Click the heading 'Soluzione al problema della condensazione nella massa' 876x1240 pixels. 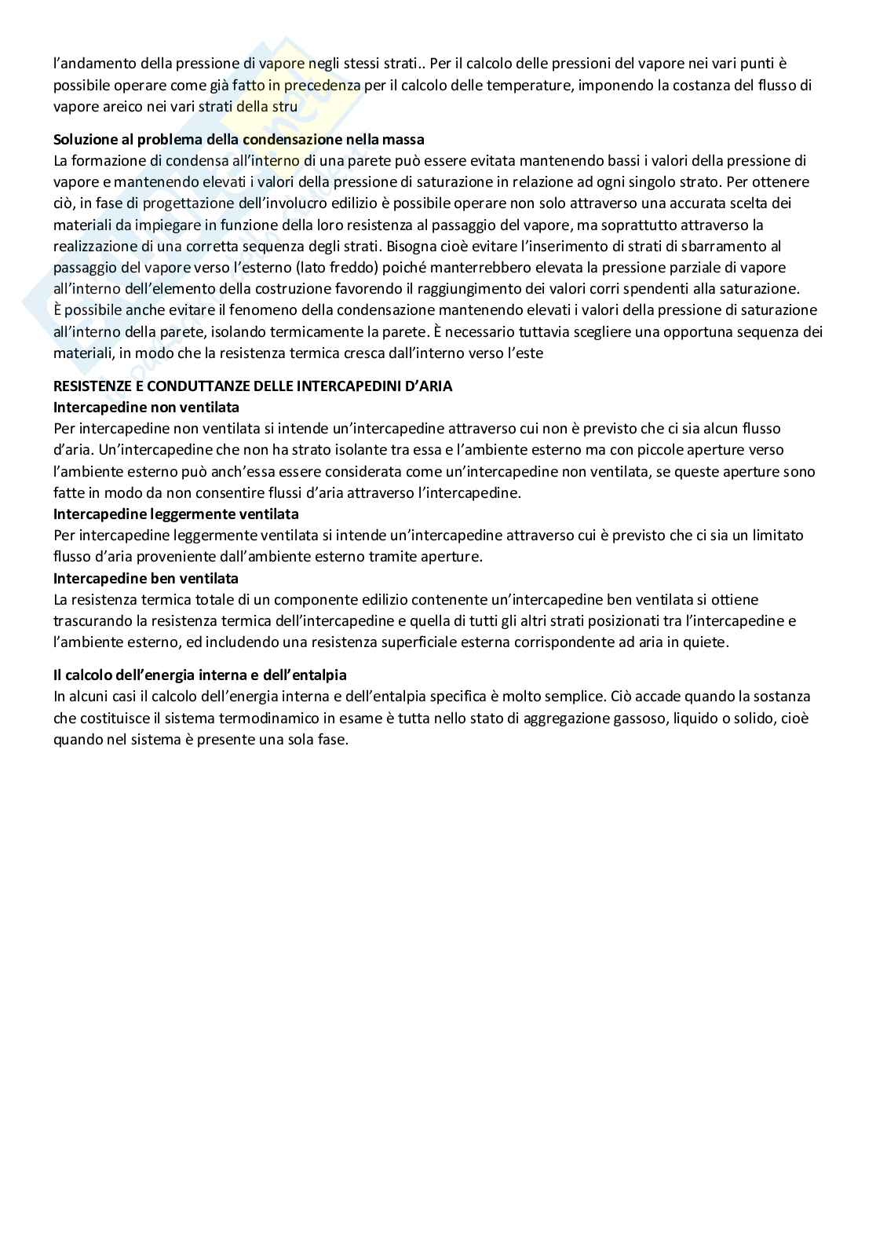239,140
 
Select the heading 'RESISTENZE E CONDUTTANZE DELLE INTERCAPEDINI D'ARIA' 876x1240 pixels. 253,386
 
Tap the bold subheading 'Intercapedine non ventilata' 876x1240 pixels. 146,408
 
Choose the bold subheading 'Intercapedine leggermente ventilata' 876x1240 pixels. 176,514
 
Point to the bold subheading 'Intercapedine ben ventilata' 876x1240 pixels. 145,578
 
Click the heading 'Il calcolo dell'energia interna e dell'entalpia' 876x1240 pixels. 199,675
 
